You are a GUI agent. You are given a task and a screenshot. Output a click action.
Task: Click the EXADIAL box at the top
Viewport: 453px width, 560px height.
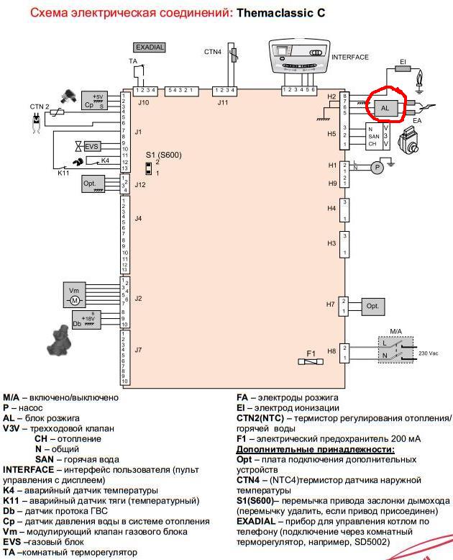pyautogui.click(x=150, y=47)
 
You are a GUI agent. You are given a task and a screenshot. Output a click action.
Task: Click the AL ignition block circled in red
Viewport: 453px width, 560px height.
pyautogui.click(x=385, y=107)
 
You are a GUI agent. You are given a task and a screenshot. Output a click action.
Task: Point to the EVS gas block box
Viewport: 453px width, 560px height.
pyautogui.click(x=91, y=146)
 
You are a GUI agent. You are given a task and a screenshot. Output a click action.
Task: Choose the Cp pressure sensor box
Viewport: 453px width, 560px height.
pyautogui.click(x=93, y=101)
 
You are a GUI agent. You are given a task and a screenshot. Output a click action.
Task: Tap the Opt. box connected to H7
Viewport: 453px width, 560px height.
pyautogui.click(x=372, y=305)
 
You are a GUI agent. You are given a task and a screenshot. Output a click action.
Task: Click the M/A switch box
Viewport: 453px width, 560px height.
pyautogui.click(x=395, y=348)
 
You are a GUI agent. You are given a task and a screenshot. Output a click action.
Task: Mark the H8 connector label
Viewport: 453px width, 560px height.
pyautogui.click(x=331, y=351)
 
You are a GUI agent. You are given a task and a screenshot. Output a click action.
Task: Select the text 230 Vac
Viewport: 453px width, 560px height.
pyautogui.click(x=429, y=353)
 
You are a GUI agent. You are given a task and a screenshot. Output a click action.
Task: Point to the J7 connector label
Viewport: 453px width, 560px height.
pyautogui.click(x=138, y=350)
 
